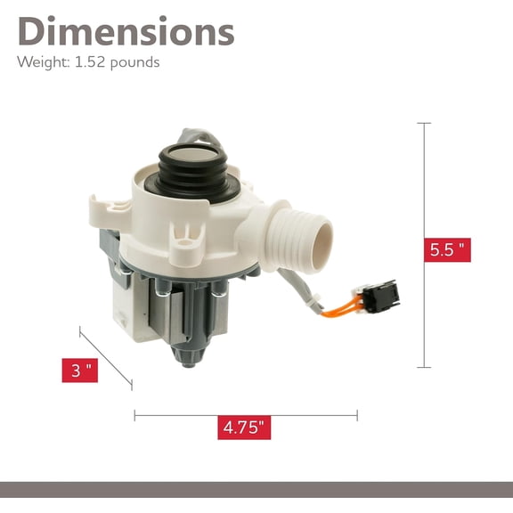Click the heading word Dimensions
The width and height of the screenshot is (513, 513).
click(126, 31)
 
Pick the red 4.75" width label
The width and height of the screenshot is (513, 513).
click(244, 427)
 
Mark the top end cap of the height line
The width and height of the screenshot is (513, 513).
click(424, 123)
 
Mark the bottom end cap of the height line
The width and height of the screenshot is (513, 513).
click(424, 367)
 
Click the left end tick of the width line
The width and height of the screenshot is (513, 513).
click(134, 414)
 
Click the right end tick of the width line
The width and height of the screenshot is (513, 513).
click(357, 414)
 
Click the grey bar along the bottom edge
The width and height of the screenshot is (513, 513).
click(256, 489)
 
